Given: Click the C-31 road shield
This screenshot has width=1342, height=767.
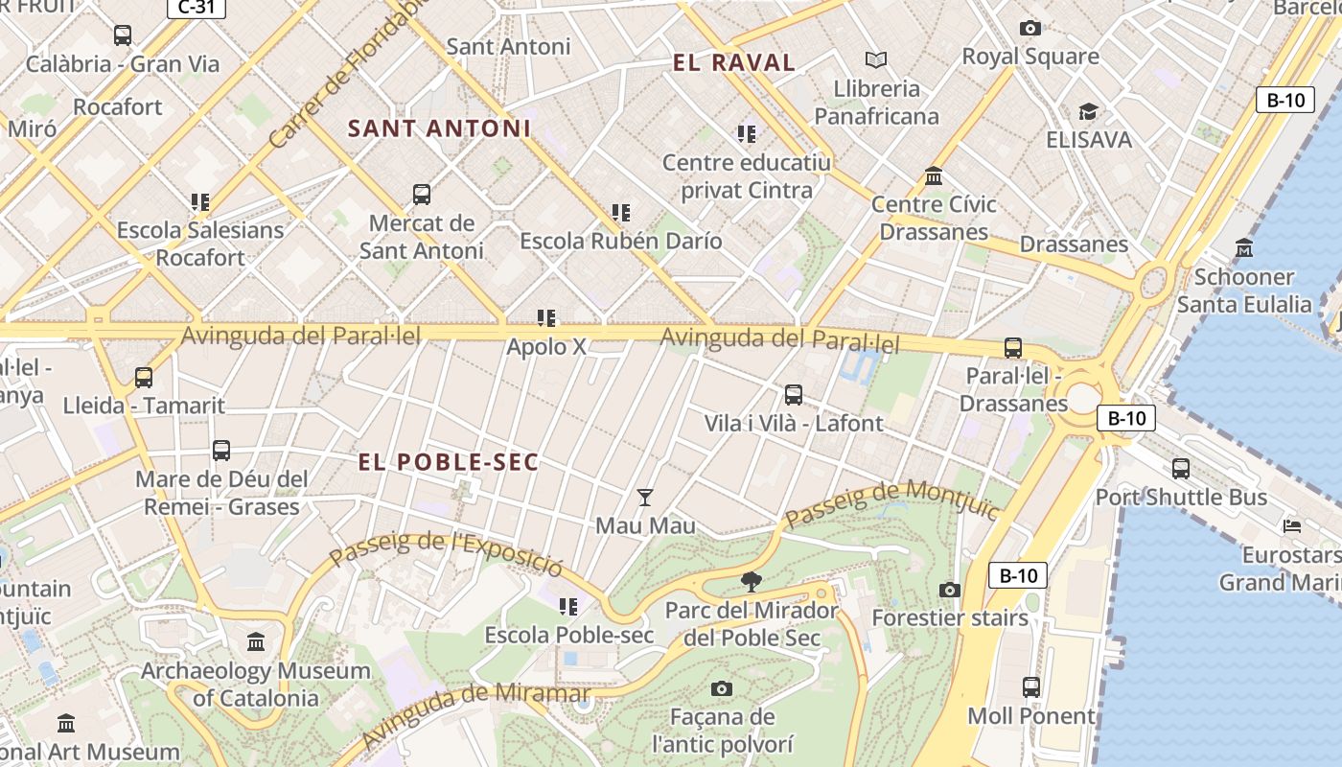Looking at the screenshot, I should (197, 9).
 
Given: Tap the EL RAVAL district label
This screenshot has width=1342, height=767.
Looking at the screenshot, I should (733, 63).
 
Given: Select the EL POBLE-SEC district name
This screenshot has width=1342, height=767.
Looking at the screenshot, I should (448, 462).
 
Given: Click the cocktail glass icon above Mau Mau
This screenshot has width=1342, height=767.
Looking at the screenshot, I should (645, 498).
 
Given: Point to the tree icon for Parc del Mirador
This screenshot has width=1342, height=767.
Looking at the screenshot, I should (752, 581).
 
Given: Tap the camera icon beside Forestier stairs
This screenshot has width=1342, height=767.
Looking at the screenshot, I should (950, 590).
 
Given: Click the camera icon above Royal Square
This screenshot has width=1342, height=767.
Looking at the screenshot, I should (1030, 29).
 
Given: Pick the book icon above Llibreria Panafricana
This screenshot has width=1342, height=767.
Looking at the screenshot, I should (876, 60).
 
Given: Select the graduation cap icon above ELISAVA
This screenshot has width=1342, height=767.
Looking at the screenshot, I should (1088, 112).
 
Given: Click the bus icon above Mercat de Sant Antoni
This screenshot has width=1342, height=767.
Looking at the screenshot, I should (422, 195).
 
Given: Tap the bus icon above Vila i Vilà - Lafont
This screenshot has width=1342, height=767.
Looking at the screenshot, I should (794, 394).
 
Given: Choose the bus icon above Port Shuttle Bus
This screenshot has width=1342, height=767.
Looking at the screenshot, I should (1181, 469).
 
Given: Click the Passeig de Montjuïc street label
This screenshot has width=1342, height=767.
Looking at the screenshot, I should (891, 502).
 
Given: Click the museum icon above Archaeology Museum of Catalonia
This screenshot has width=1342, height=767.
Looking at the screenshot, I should (256, 641).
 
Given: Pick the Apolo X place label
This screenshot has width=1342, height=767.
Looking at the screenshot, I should (545, 346).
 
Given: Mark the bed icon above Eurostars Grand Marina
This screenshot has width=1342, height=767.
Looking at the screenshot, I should (1292, 526).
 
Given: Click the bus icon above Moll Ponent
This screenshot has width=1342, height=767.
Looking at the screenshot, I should (1031, 687).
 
